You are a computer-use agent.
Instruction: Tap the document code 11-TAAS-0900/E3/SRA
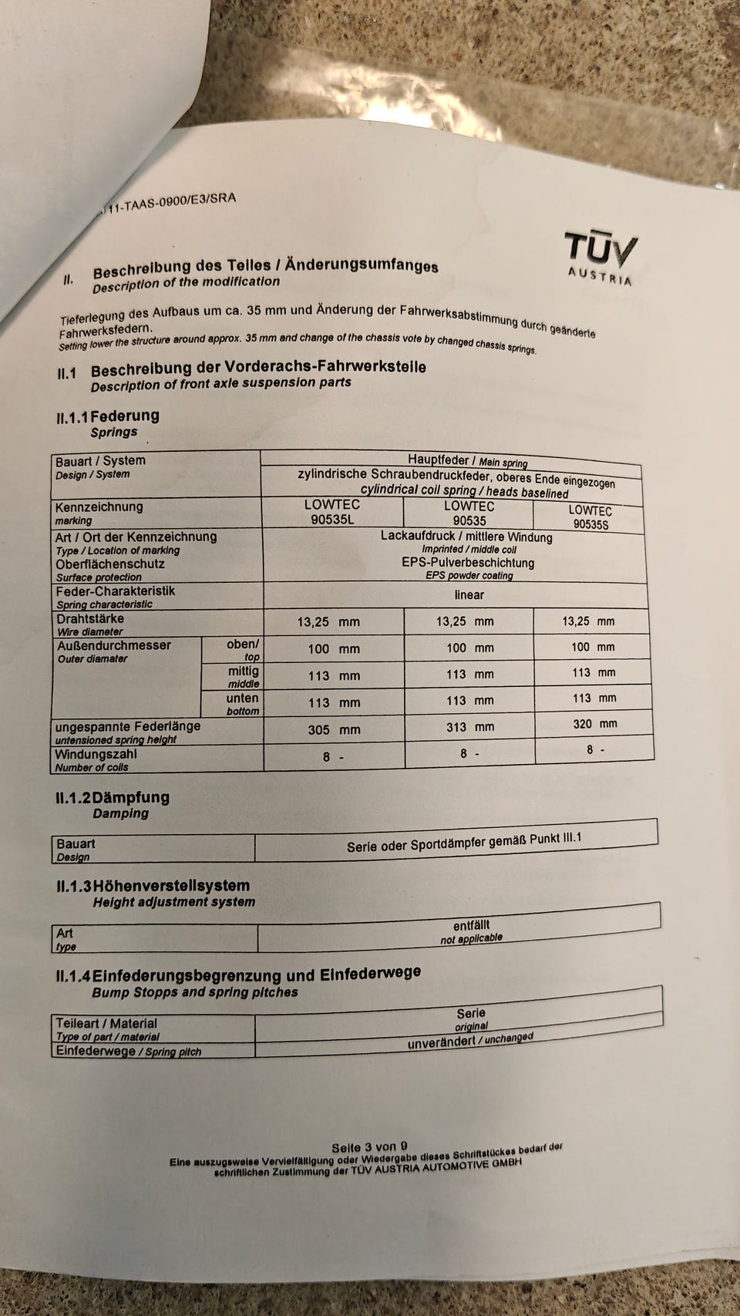coord(169,204)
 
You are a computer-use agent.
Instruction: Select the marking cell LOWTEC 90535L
coord(332,512)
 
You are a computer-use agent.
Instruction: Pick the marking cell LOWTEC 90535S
coord(590,517)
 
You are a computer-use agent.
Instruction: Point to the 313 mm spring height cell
coord(466,727)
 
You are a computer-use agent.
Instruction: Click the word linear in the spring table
coord(469,594)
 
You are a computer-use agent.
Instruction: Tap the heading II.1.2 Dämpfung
coord(113,798)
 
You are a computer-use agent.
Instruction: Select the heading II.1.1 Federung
coord(108,416)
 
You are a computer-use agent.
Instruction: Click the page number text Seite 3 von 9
coord(369,1147)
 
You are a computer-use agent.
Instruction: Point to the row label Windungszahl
coord(96,754)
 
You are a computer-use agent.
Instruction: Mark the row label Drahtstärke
coord(89,619)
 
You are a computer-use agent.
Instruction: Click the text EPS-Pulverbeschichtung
coord(467,563)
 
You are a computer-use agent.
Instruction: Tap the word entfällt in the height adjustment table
coord(471,925)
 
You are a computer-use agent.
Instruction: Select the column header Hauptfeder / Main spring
coord(467,461)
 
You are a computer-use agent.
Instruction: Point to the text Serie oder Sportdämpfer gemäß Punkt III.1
coord(464,843)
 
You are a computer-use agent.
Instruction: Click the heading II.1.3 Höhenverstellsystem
coord(153,887)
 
